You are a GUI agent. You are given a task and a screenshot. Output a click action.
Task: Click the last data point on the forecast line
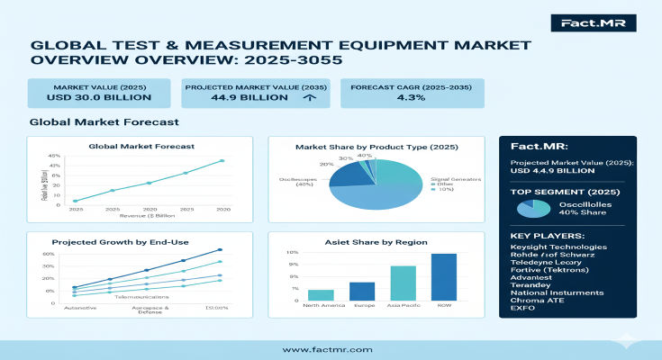[x=222, y=161]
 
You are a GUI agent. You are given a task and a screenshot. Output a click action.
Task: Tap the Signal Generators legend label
[x=454, y=180]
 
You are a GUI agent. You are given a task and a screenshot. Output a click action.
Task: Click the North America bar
[x=321, y=294]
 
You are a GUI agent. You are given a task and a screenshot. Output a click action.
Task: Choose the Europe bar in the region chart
[x=362, y=291]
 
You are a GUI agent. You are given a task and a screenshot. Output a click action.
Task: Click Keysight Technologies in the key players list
[x=558, y=247]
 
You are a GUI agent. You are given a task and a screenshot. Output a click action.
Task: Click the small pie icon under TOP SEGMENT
[x=532, y=208]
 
